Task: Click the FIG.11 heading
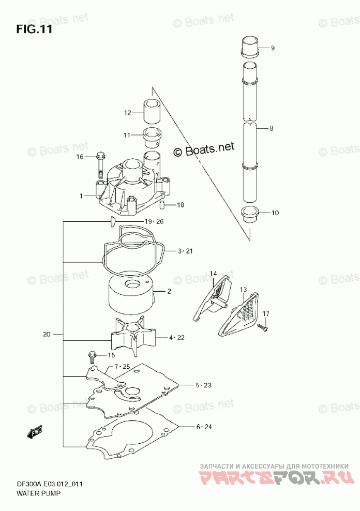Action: (34, 29)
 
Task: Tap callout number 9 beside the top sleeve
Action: (273, 48)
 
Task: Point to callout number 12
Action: (127, 113)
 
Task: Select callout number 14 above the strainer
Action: (213, 273)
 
